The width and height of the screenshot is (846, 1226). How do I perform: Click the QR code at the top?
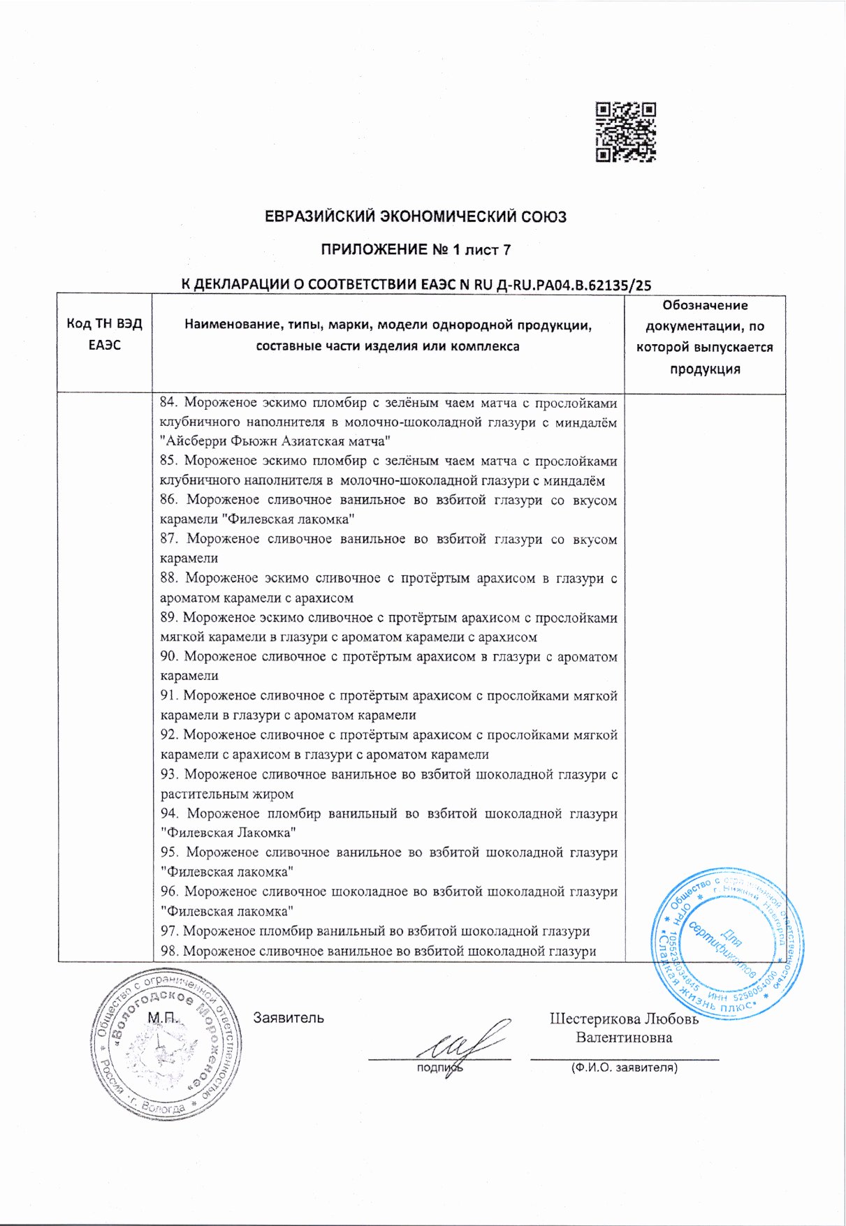pyautogui.click(x=626, y=133)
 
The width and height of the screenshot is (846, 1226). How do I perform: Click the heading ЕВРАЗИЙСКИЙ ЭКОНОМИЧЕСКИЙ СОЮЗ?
pyautogui.click(x=416, y=216)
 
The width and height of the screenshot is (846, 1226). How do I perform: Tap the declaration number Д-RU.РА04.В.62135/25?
pyautogui.click(x=573, y=284)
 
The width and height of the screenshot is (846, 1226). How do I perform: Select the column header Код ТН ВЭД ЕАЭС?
pyautogui.click(x=104, y=334)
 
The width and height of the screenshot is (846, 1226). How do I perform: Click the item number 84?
pyautogui.click(x=168, y=403)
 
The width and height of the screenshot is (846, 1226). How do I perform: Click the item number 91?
pyautogui.click(x=168, y=695)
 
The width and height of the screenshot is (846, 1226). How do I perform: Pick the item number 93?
pyautogui.click(x=169, y=774)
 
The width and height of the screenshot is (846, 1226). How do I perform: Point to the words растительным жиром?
pyautogui.click(x=227, y=794)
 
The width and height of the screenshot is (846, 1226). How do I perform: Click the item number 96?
pyautogui.click(x=169, y=892)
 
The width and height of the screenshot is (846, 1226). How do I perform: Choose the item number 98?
pyautogui.click(x=168, y=951)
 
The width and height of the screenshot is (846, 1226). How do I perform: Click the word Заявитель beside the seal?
pyautogui.click(x=289, y=1018)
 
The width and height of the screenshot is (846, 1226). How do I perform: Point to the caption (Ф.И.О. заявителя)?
pyautogui.click(x=624, y=1068)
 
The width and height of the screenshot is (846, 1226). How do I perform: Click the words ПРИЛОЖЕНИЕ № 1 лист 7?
pyautogui.click(x=416, y=250)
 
